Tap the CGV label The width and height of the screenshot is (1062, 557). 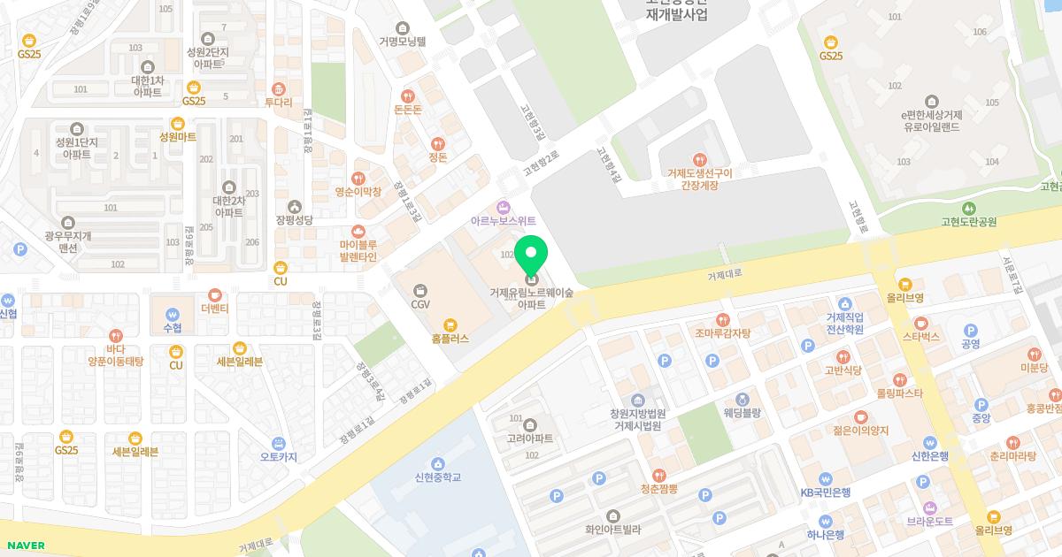(x=420, y=304)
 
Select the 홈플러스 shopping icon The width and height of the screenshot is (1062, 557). (x=450, y=324)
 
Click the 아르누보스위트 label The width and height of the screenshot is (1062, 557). (x=504, y=220)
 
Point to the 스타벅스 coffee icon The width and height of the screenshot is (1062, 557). (x=921, y=323)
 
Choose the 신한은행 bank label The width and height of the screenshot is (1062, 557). (x=930, y=456)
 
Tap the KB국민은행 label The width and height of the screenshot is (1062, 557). (x=825, y=492)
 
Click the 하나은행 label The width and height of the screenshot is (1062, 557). (x=825, y=534)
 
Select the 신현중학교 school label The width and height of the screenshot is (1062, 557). (x=437, y=477)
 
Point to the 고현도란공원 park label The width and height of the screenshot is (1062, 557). (x=970, y=222)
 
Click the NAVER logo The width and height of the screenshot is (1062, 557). (x=23, y=546)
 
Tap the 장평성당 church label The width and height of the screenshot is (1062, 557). (x=295, y=219)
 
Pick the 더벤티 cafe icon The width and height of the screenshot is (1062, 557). (x=214, y=294)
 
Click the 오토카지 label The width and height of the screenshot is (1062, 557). (x=278, y=457)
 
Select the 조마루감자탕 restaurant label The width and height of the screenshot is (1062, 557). (x=722, y=333)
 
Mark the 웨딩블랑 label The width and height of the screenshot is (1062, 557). (x=742, y=412)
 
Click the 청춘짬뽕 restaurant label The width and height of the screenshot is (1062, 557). (x=658, y=488)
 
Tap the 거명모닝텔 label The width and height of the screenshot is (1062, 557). (x=403, y=41)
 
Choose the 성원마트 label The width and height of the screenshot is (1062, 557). (x=178, y=137)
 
